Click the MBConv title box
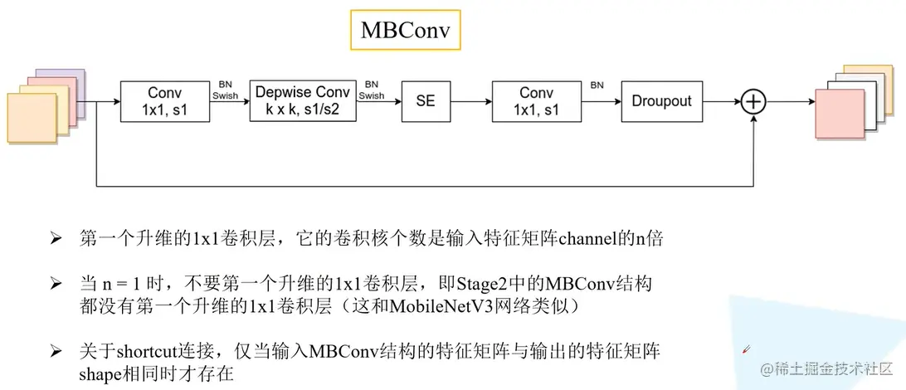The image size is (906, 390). coord(405,31)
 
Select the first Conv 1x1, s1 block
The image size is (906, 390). coord(164,101)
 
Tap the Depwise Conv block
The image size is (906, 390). coord(303,101)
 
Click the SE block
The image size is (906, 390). coord(426,101)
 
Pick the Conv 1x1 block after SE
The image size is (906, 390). coord(536,101)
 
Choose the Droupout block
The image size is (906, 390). coord(661,101)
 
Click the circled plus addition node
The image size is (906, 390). coord(753,101)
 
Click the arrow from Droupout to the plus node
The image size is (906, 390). coord(720,101)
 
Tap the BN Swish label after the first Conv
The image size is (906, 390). coord(225,90)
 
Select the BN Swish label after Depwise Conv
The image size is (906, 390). coord(371,90)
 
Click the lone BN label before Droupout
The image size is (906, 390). coord(597,85)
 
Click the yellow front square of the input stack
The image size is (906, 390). coord(33,120)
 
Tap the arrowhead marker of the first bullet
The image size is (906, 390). coord(56,240)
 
